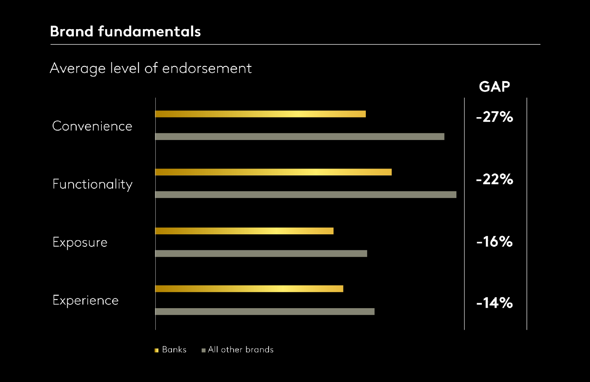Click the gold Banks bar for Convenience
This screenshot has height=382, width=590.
[260, 114]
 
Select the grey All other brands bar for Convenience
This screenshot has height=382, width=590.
[300, 136]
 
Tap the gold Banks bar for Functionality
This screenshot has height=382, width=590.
[273, 172]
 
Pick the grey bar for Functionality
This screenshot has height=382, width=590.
[306, 195]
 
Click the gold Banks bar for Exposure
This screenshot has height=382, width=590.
[244, 231]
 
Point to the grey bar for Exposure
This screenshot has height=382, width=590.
[261, 253]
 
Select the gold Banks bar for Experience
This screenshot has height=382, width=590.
[249, 289]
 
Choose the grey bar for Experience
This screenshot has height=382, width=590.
[265, 312]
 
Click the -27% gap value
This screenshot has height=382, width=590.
[494, 117]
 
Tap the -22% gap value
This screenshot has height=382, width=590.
[494, 180]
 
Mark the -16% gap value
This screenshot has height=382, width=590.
[494, 242]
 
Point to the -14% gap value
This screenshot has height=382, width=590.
[494, 303]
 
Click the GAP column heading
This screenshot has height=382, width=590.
[494, 86]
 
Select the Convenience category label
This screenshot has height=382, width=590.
[92, 126]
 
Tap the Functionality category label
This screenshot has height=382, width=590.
[92, 184]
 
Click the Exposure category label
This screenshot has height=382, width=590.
[80, 242]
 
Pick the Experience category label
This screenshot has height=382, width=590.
[85, 300]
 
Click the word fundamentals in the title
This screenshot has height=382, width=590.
[149, 31]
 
